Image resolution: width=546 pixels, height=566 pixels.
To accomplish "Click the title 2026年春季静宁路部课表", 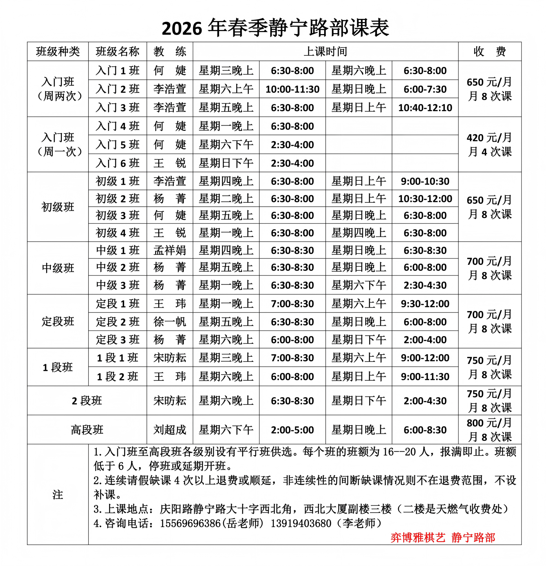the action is pyautogui.click(x=275, y=28).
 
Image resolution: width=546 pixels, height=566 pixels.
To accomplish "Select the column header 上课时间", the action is pyautogui.click(x=325, y=52).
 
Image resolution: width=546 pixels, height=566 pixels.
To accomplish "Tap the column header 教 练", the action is pyautogui.click(x=170, y=52).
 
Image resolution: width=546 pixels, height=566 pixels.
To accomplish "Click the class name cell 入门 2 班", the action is pyautogui.click(x=118, y=89).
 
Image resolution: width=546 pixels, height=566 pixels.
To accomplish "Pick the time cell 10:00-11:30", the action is pyautogui.click(x=292, y=90).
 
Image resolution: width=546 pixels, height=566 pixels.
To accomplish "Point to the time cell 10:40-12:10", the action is pyautogui.click(x=425, y=108).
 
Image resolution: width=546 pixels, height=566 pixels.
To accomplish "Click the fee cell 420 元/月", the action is pyautogui.click(x=489, y=138).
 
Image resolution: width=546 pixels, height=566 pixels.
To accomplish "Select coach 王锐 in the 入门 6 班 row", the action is pyautogui.click(x=170, y=163).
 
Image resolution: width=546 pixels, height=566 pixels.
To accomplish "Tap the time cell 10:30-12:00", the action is pyautogui.click(x=425, y=199).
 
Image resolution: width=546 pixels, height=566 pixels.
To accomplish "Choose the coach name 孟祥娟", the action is pyautogui.click(x=170, y=250).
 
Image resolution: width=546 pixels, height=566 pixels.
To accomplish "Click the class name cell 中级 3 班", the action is pyautogui.click(x=118, y=285).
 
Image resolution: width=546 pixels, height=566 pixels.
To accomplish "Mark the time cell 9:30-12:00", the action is pyautogui.click(x=425, y=304).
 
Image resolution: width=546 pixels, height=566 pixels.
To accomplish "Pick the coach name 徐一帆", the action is pyautogui.click(x=170, y=322).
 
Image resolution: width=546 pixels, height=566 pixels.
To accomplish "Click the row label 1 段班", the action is pyautogui.click(x=58, y=367).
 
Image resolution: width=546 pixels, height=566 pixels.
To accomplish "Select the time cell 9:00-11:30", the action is pyautogui.click(x=425, y=377).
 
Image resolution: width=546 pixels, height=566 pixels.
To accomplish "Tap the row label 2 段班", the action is pyautogui.click(x=87, y=401).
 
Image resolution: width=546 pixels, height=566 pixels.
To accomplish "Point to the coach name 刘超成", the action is pyautogui.click(x=170, y=430).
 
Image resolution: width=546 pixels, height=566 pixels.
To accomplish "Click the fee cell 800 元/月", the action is pyautogui.click(x=489, y=423).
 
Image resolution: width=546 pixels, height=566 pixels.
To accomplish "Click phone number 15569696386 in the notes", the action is pyautogui.click(x=190, y=523).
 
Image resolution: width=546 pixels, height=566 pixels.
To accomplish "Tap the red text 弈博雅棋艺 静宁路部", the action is pyautogui.click(x=443, y=537).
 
